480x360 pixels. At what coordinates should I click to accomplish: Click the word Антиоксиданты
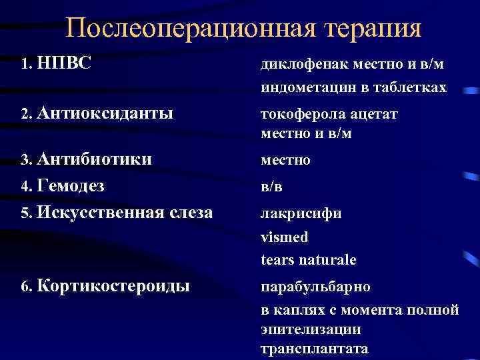click(105, 113)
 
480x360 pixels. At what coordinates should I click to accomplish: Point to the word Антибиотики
click(95, 159)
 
